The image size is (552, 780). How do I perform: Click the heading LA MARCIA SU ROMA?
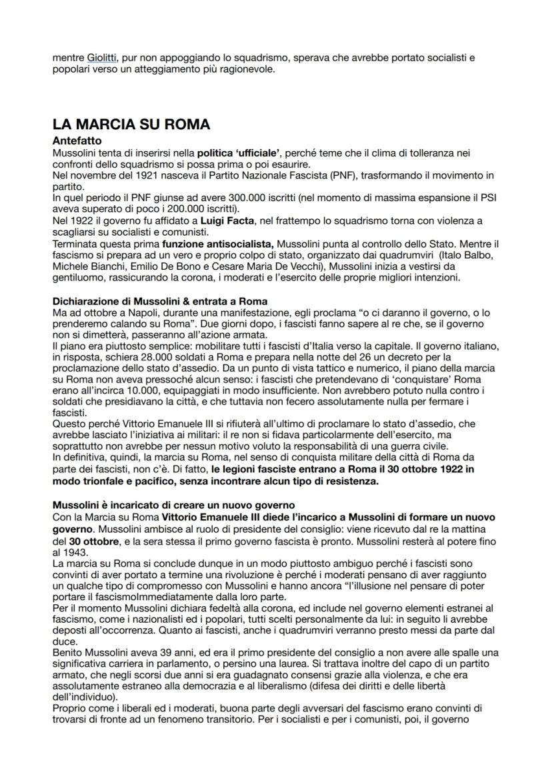pyautogui.click(x=131, y=125)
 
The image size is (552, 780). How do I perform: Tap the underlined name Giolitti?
pyautogui.click(x=101, y=59)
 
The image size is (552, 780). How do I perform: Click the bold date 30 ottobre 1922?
pyautogui.click(x=415, y=470)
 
